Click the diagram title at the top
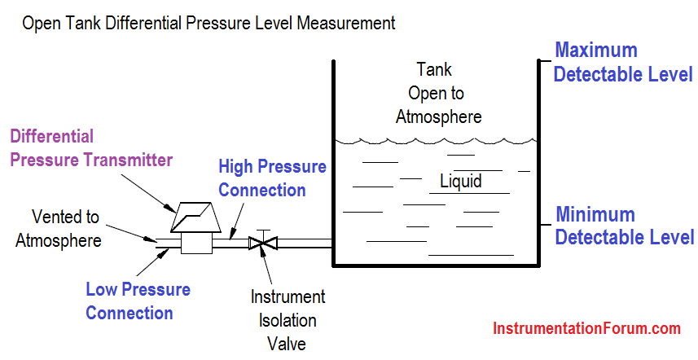(209, 23)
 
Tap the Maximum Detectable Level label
(622, 62)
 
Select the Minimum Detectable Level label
(624, 226)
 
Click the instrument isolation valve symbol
(263, 243)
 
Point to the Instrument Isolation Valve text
(288, 320)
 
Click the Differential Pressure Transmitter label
(91, 148)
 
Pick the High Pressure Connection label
(272, 178)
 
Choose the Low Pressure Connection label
(138, 301)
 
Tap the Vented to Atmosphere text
(59, 229)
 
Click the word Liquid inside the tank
(461, 181)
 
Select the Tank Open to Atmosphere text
(438, 93)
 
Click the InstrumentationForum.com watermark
(586, 328)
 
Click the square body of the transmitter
(197, 243)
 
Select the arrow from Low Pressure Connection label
(152, 262)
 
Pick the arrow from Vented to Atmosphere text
(131, 233)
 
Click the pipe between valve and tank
(305, 243)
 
